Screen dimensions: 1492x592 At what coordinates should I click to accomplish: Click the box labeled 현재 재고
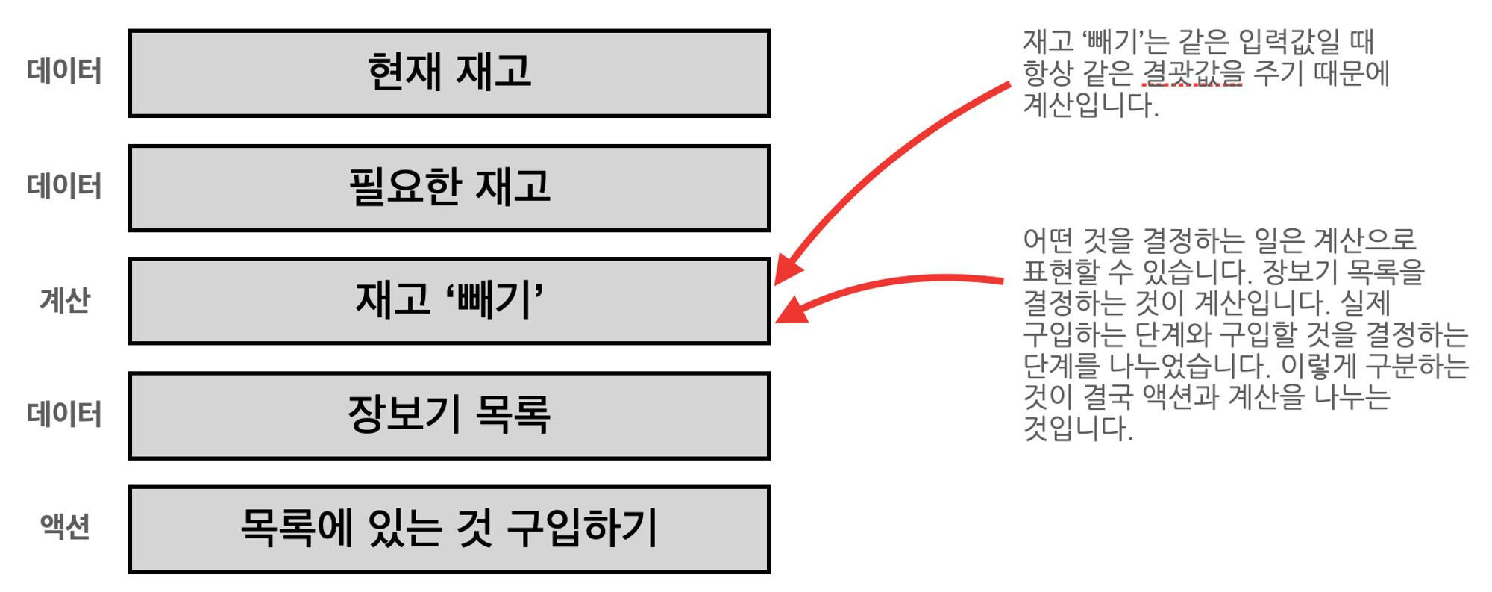click(449, 73)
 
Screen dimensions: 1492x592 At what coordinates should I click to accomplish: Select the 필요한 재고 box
click(449, 187)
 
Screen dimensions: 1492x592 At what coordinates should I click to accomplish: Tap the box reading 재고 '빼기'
click(449, 301)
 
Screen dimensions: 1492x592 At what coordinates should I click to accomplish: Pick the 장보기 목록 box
click(449, 415)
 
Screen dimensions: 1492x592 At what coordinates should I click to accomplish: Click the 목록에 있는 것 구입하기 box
click(449, 529)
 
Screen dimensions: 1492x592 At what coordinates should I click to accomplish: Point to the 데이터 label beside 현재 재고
click(64, 72)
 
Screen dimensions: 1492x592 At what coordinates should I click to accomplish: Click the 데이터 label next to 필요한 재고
click(64, 187)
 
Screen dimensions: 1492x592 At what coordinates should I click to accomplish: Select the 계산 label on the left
click(65, 301)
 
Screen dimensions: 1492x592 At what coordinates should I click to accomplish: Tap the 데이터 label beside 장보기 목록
click(64, 414)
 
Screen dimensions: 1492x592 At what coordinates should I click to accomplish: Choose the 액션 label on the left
click(65, 527)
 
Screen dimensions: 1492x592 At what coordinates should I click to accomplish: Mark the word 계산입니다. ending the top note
click(1091, 105)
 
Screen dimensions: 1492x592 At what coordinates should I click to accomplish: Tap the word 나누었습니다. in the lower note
click(1189, 366)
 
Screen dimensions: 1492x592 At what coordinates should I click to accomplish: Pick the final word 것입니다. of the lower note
click(1078, 429)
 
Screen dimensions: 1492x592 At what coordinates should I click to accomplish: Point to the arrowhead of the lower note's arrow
click(791, 311)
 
